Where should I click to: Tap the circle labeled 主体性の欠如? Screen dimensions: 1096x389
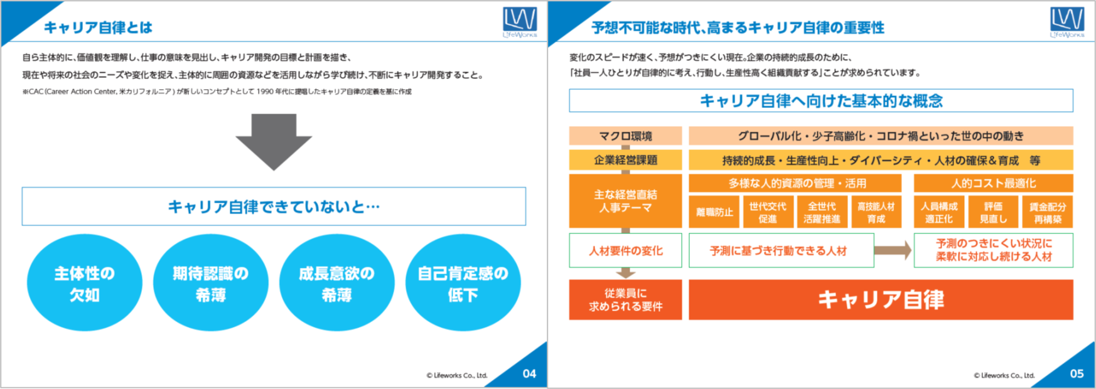pos(85,283)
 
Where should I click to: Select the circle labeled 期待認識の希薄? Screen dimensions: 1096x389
pos(211,283)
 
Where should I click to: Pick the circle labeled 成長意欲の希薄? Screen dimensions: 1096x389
pos(337,283)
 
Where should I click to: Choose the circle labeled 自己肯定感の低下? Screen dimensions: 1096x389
pos(463,283)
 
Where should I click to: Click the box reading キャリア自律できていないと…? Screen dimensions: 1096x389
pos(274,206)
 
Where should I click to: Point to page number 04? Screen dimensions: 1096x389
pos(530,374)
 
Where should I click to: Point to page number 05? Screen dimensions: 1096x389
pos(1077,374)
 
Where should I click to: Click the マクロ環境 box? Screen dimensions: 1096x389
pos(625,136)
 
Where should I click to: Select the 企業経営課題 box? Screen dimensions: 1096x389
pos(625,160)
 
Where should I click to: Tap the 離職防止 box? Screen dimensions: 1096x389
pos(714,212)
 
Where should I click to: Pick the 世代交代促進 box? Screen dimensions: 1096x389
pos(768,212)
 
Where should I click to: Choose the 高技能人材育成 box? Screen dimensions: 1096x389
pos(876,212)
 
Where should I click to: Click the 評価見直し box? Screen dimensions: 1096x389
pos(993,212)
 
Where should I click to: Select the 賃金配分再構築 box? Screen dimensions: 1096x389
pos(1047,212)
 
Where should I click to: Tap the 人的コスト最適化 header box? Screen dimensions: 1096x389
pos(993,183)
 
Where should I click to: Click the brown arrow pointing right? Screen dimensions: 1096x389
pos(893,250)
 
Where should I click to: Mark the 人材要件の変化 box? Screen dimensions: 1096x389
pos(625,250)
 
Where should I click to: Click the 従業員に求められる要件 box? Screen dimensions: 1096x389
pos(625,300)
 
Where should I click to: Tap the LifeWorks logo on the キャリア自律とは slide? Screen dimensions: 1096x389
pos(520,22)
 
